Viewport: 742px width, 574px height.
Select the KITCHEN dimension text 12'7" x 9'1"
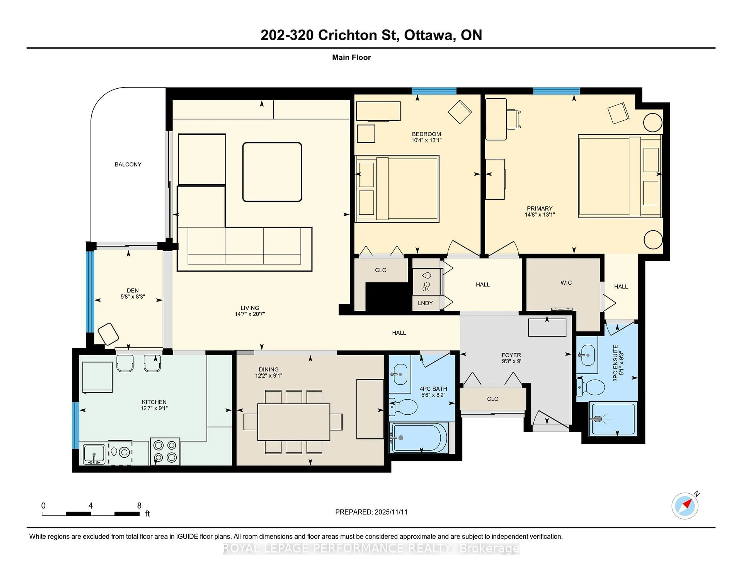[154, 408]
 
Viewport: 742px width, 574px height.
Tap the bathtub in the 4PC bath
[420, 438]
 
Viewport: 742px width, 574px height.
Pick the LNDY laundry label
[425, 303]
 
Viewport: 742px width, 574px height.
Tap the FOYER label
[511, 355]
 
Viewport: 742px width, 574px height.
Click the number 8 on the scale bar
[139, 506]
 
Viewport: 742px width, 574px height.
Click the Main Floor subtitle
[351, 57]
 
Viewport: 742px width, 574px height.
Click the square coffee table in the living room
[272, 172]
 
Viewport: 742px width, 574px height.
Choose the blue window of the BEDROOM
[434, 91]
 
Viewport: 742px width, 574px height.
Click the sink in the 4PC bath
[400, 374]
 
